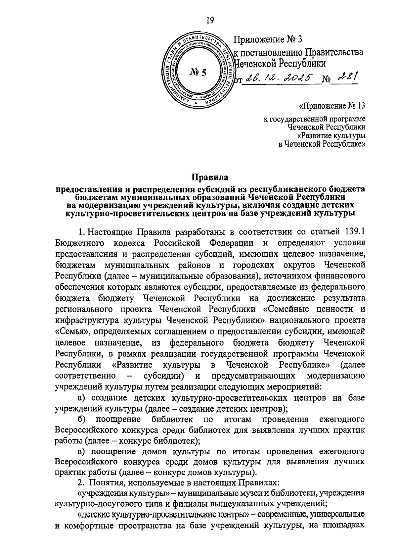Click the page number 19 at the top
coord(210,21)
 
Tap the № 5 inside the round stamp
coord(197,72)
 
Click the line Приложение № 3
coord(268,39)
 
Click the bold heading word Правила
coord(210,177)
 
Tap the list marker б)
coord(82,419)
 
